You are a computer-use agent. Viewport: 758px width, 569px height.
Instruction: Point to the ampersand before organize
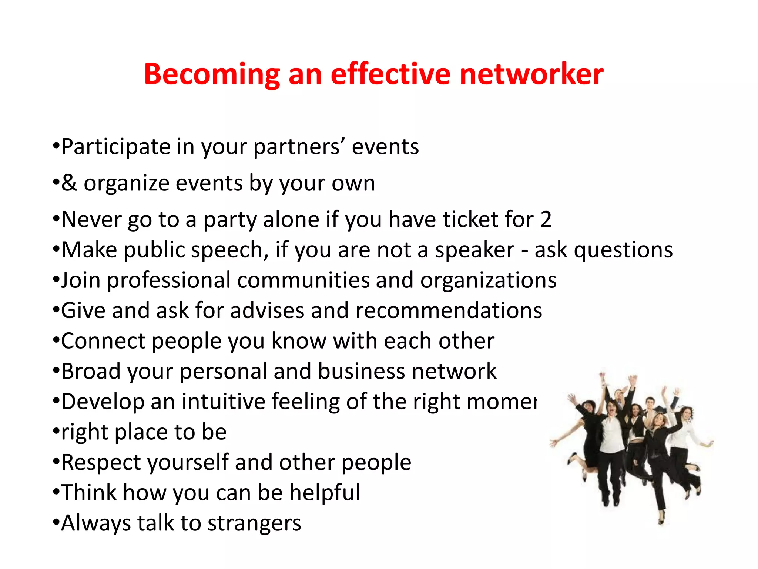pyautogui.click(x=69, y=183)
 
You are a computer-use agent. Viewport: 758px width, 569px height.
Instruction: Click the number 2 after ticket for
pyautogui.click(x=546, y=219)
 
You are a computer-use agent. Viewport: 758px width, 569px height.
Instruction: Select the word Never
pyautogui.click(x=91, y=219)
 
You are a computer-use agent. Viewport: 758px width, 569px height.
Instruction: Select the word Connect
pyautogui.click(x=103, y=341)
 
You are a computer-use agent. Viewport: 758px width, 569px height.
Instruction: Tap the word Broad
pyautogui.click(x=91, y=371)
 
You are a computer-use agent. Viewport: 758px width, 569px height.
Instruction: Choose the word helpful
pyautogui.click(x=325, y=493)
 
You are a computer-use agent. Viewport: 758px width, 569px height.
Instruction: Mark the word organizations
pyautogui.click(x=488, y=280)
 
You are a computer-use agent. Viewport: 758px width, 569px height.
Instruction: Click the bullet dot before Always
pyautogui.click(x=56, y=523)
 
